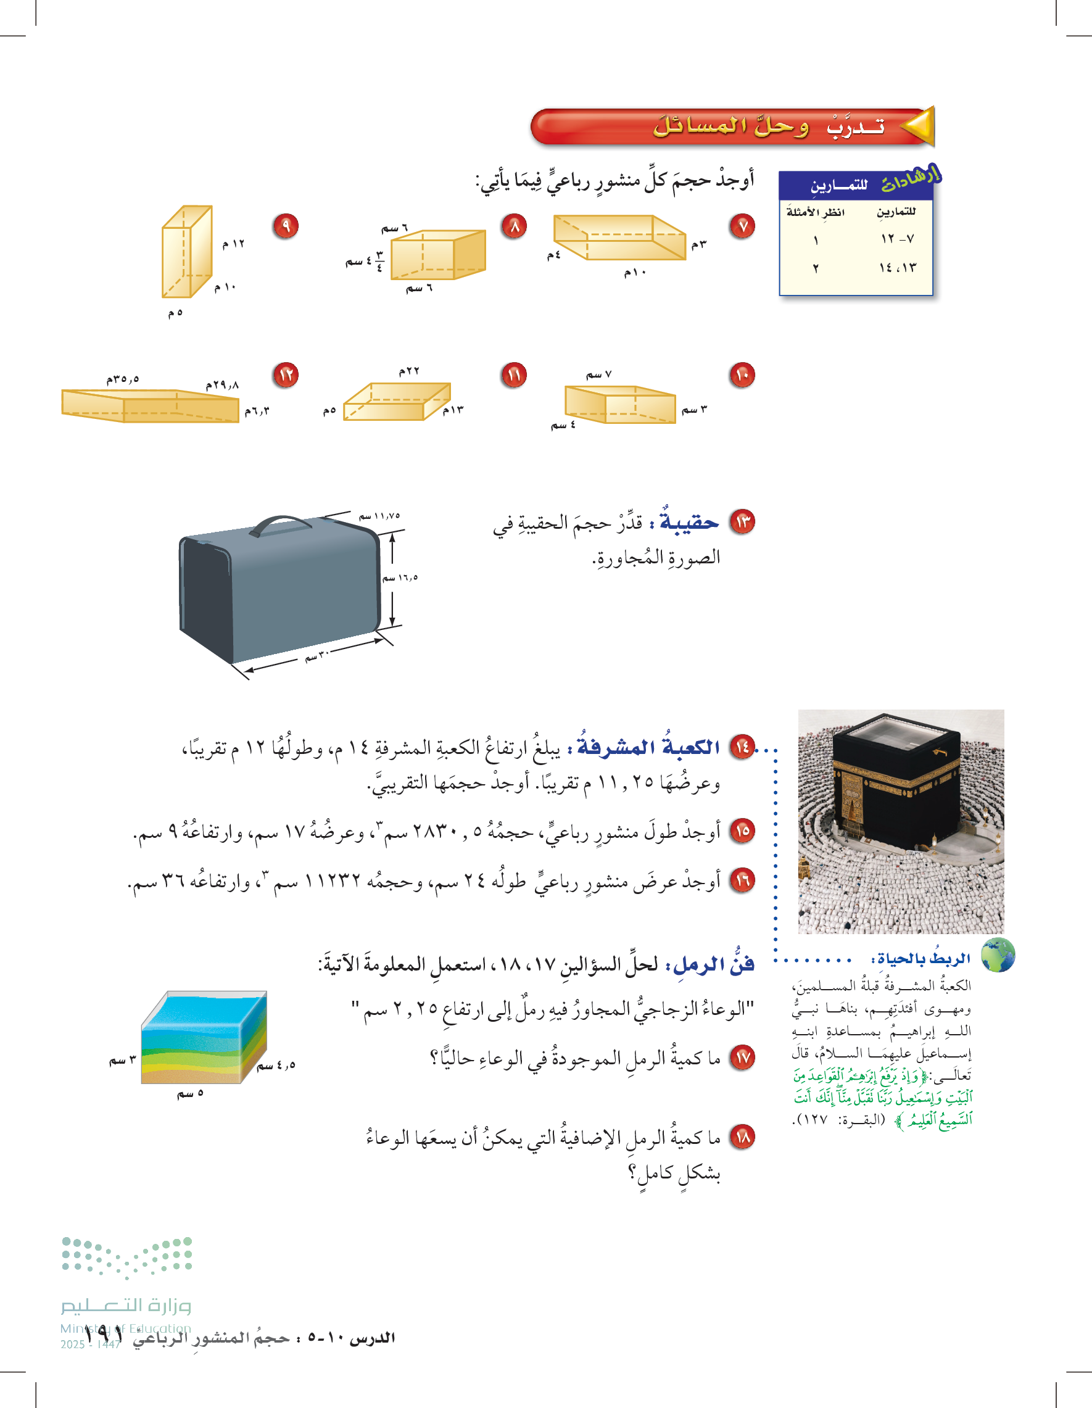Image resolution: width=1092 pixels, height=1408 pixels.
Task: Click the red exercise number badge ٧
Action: pos(743,226)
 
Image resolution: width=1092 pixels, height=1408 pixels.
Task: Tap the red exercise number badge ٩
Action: pos(286,226)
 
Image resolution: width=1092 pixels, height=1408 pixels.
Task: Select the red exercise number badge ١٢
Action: pos(286,375)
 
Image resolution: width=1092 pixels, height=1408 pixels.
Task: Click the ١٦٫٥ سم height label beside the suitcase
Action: pos(400,578)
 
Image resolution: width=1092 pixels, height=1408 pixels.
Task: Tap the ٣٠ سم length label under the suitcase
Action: pos(317,656)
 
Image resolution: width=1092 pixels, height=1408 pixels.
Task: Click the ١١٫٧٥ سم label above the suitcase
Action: pos(379,516)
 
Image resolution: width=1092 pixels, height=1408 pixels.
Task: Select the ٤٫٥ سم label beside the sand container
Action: pos(276,1065)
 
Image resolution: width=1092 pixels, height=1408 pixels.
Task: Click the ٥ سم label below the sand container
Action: pos(190,1093)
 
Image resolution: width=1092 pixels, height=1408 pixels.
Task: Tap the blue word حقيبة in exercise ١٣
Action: pos(689,522)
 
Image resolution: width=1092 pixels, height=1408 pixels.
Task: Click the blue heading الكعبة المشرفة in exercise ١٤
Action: pos(648,747)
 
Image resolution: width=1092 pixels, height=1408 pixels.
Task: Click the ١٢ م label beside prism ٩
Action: pos(233,244)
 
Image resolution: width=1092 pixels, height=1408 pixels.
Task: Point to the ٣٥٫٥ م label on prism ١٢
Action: pos(123,379)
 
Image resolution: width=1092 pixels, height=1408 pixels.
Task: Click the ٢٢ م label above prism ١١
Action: pos(408,371)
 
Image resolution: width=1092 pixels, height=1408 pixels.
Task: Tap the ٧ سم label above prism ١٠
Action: pos(599,375)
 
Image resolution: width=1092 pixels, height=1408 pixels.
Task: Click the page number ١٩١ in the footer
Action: pos(102,1338)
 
